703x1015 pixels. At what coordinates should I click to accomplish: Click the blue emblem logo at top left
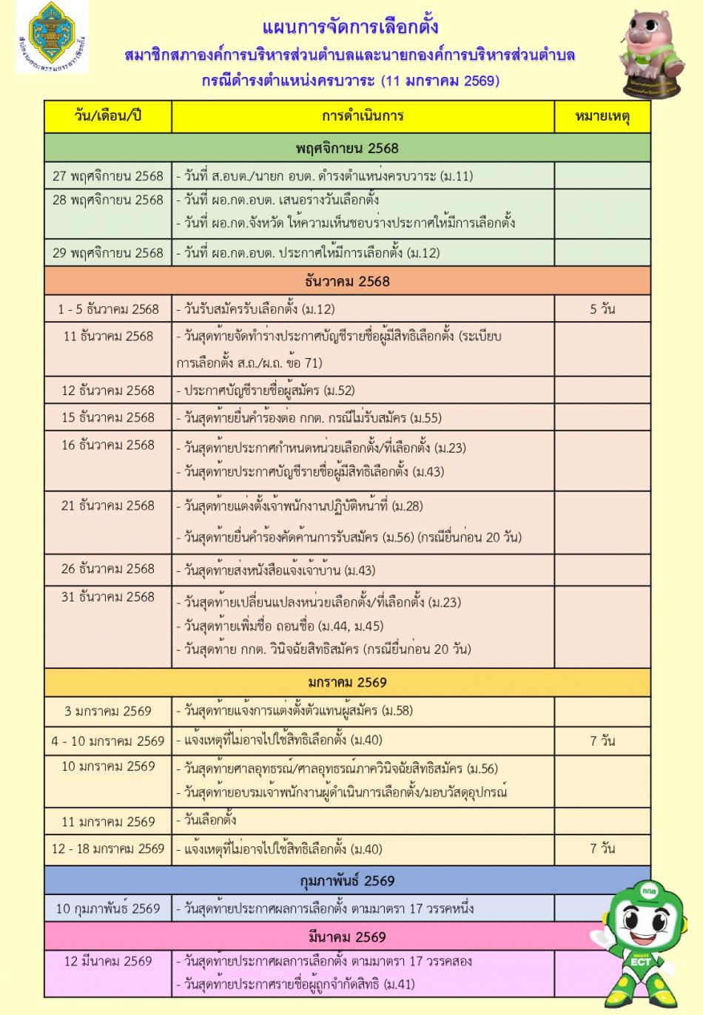(x=51, y=37)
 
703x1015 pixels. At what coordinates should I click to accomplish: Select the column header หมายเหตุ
(x=602, y=116)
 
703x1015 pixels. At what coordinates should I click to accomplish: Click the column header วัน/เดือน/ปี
(x=108, y=116)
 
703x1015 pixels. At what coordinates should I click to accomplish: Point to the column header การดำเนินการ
(x=363, y=116)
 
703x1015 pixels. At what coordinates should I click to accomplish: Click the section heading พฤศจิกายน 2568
(x=347, y=148)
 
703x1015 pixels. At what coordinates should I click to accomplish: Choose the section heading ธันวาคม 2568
(x=347, y=281)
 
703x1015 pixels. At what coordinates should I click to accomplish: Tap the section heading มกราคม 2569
(x=347, y=682)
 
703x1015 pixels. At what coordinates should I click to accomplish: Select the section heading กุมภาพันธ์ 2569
(x=347, y=880)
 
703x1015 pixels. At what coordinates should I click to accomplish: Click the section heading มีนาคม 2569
(x=347, y=937)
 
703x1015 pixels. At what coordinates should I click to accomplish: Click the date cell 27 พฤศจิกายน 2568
(x=108, y=176)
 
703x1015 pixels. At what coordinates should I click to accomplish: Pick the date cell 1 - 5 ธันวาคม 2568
(x=108, y=309)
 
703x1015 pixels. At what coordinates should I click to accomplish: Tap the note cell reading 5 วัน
(x=602, y=309)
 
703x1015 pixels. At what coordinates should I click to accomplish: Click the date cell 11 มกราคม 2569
(x=108, y=821)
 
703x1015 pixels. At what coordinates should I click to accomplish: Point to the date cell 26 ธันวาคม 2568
(x=108, y=569)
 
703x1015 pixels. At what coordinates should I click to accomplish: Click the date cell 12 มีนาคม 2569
(x=108, y=962)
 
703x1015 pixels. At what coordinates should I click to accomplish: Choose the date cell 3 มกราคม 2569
(x=108, y=711)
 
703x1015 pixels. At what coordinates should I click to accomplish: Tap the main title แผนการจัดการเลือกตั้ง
(x=351, y=27)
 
